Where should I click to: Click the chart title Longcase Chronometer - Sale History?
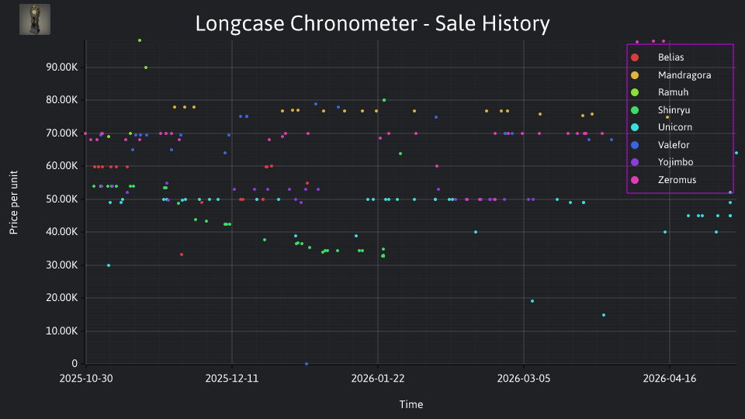click(372, 23)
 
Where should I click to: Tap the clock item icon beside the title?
click(35, 19)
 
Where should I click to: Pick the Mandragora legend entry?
click(670, 75)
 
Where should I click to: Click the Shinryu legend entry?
click(660, 109)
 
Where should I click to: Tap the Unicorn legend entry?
click(661, 127)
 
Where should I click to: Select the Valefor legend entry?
click(660, 145)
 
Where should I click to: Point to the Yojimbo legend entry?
click(661, 162)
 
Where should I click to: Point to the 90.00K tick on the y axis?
click(62, 67)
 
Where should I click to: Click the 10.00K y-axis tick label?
click(62, 331)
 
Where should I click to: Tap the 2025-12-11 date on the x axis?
click(232, 378)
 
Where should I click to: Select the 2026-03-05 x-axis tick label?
click(524, 378)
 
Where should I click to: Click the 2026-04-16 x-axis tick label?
click(670, 378)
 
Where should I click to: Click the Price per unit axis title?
click(14, 203)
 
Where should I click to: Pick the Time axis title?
click(411, 404)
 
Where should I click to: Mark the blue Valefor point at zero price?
click(307, 364)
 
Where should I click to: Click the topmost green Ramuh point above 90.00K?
click(140, 40)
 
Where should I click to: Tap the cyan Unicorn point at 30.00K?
click(109, 265)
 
